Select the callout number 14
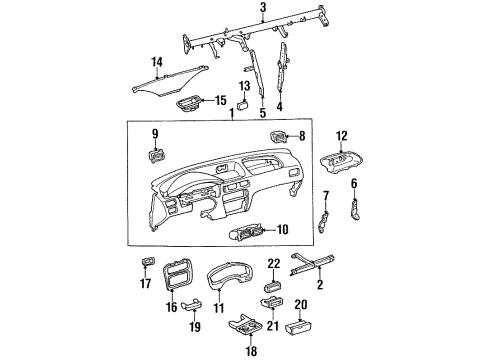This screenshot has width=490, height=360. pos(155,62)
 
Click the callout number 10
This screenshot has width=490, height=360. pos(282,229)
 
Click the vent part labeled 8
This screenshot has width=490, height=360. pos(277,136)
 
